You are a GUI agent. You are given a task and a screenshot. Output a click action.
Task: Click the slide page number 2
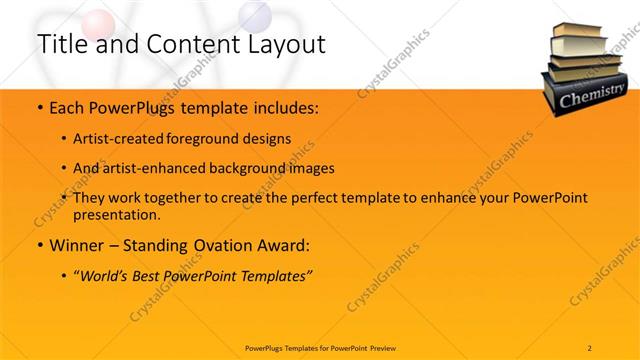(590, 347)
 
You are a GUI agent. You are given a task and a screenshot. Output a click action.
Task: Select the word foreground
(215, 138)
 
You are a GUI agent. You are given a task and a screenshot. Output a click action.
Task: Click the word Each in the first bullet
(66, 107)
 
